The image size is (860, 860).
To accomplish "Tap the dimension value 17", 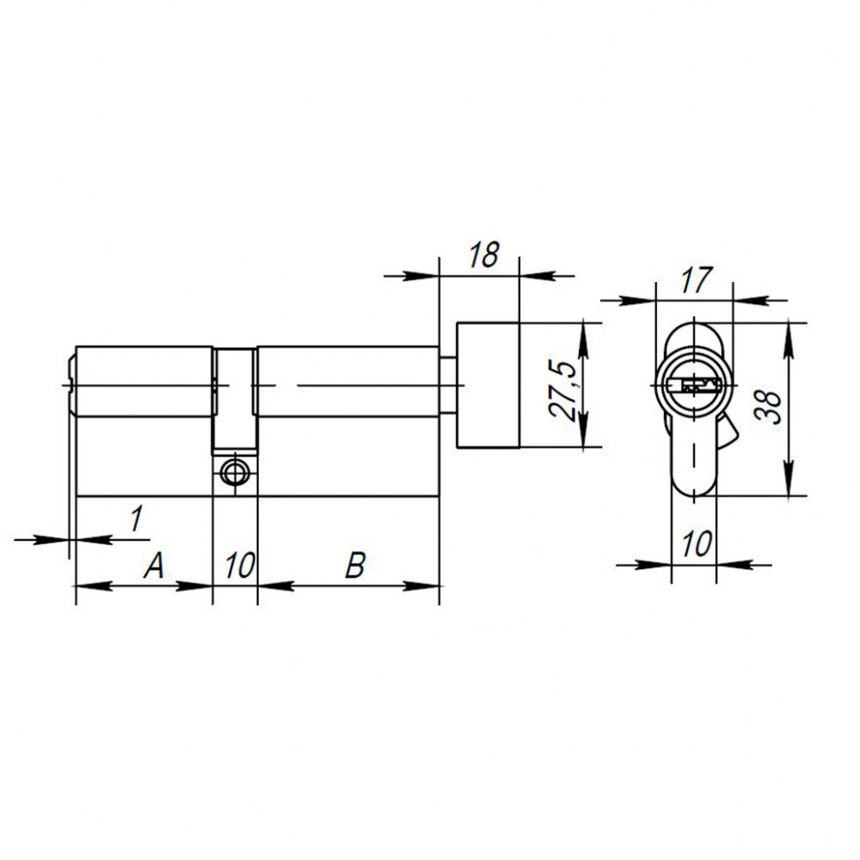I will (696, 281).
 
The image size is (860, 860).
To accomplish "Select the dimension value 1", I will (135, 519).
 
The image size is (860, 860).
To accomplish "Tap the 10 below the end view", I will (696, 543).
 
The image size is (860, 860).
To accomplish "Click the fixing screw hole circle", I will (235, 473).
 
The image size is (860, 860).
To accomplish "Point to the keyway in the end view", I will (694, 386).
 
